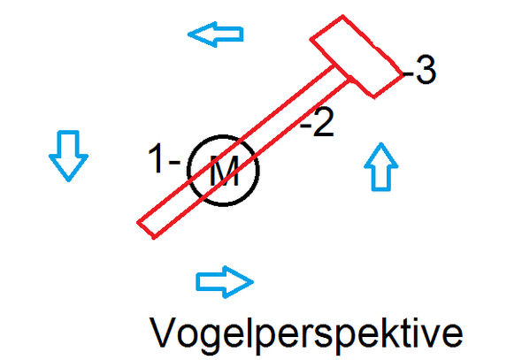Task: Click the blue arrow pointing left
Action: [x=216, y=34]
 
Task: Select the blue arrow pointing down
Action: [x=69, y=156]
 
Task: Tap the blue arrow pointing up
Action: [x=381, y=166]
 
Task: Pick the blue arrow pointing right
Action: [x=225, y=282]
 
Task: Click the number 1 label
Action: [x=156, y=158]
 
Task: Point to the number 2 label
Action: [x=323, y=122]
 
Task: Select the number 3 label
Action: [x=426, y=70]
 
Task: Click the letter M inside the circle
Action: [x=224, y=171]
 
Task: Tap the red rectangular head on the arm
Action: [x=357, y=57]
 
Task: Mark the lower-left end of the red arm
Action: [x=146, y=230]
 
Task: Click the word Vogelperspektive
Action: [x=306, y=333]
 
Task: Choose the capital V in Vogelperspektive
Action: [x=163, y=332]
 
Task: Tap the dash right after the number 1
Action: [x=174, y=162]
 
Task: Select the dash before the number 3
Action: [x=409, y=73]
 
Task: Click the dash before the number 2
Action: [x=305, y=125]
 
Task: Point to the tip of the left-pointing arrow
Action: [x=188, y=34]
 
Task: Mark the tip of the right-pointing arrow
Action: [x=253, y=282]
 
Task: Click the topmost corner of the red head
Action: [x=342, y=16]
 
